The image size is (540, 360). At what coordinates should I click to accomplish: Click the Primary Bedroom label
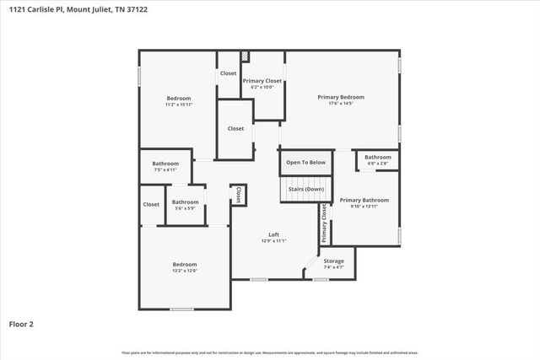(x=341, y=97)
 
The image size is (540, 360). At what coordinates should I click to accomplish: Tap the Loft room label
(x=273, y=234)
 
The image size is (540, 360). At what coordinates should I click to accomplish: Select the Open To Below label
(x=305, y=162)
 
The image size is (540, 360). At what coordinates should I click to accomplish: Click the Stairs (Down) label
(x=305, y=189)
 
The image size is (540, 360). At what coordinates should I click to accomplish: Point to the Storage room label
(x=333, y=261)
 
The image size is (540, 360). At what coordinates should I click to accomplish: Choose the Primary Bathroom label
(x=364, y=200)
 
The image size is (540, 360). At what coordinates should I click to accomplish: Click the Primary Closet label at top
(x=262, y=81)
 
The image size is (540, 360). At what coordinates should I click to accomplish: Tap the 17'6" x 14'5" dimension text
(x=341, y=104)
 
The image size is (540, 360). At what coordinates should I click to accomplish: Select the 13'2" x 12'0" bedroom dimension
(x=185, y=271)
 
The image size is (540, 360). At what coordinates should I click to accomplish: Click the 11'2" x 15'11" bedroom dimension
(x=179, y=105)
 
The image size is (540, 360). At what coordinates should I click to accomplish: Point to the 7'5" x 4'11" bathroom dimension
(x=165, y=169)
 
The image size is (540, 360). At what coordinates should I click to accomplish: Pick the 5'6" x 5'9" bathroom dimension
(x=186, y=208)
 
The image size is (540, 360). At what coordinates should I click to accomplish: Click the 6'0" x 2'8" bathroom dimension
(x=377, y=164)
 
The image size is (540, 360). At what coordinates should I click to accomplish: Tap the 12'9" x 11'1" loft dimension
(x=273, y=241)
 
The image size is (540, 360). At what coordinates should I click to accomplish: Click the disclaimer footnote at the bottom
(x=270, y=352)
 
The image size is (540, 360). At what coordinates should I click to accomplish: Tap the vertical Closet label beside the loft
(x=239, y=196)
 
